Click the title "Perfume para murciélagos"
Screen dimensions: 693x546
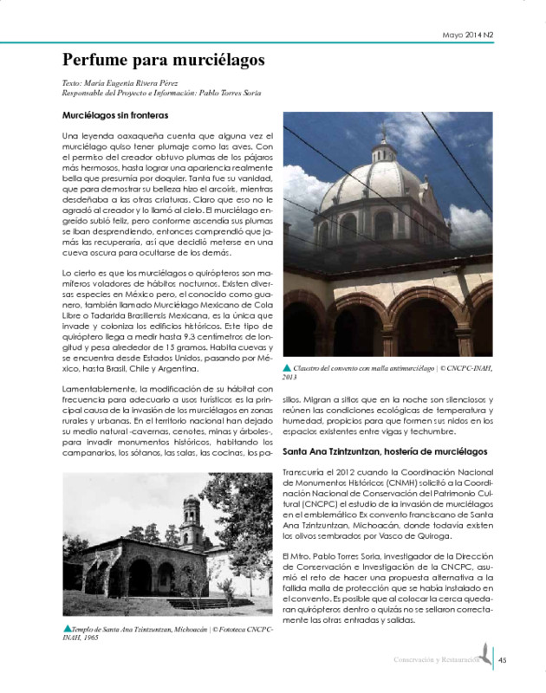[163, 60]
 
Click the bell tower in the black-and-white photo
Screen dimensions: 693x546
[192, 518]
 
